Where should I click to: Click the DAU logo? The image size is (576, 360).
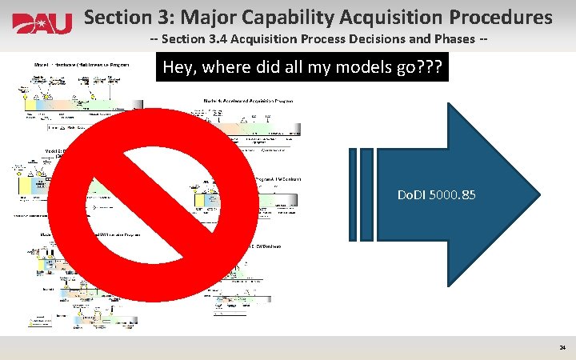42,23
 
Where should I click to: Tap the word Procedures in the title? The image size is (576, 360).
506,17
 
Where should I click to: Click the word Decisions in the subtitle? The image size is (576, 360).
381,41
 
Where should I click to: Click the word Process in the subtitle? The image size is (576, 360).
326,41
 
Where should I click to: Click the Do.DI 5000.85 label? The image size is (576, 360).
437,194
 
